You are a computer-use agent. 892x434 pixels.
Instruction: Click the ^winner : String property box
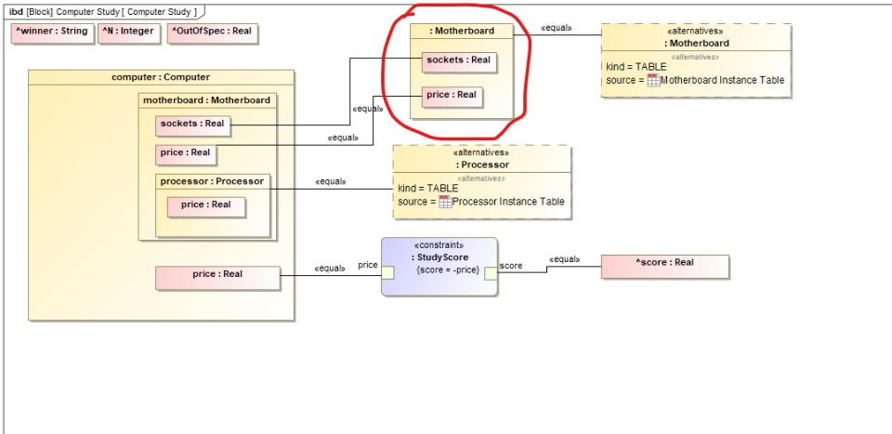(x=51, y=33)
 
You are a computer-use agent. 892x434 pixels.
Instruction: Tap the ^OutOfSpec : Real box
(x=211, y=33)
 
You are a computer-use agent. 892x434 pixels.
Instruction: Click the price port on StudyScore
(x=388, y=272)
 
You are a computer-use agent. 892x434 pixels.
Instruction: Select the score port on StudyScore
(x=491, y=272)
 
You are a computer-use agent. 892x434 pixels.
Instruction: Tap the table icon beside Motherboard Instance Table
(x=654, y=81)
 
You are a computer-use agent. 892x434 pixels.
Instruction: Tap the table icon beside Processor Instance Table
(x=445, y=202)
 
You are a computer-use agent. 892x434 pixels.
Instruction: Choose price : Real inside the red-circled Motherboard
(x=452, y=96)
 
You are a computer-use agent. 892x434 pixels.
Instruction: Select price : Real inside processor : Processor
(x=206, y=205)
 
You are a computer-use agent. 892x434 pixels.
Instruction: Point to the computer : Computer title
(x=161, y=76)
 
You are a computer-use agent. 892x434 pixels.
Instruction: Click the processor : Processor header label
(x=212, y=181)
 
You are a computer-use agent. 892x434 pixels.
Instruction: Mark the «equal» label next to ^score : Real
(x=565, y=259)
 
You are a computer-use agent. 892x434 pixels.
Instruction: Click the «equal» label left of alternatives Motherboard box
(x=556, y=28)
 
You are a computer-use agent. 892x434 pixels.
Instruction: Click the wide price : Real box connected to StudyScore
(x=217, y=275)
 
